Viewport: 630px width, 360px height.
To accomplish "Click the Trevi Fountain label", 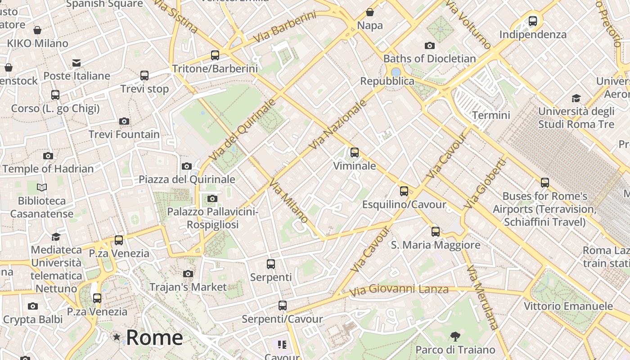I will [124, 134].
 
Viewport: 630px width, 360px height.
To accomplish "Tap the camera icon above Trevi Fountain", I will [124, 121].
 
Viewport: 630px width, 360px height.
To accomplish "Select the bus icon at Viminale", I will [355, 153].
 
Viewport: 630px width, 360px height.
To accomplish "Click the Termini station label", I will [491, 115].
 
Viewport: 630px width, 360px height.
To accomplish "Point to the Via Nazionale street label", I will [338, 125].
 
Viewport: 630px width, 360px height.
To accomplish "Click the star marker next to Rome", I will [117, 337].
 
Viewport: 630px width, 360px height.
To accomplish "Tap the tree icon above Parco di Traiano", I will [455, 336].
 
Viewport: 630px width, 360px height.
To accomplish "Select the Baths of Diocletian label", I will [429, 58].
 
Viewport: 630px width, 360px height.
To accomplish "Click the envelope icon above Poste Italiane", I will [76, 63].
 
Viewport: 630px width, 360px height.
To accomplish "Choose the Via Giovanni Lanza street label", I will [399, 290].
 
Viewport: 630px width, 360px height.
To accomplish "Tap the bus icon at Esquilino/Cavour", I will [404, 191].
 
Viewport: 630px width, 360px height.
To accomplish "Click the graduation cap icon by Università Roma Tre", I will [576, 98].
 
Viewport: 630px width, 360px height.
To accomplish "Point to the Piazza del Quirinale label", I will [187, 179].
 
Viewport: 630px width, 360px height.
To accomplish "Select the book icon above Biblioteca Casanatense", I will [42, 187].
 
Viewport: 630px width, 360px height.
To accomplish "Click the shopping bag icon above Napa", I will [370, 12].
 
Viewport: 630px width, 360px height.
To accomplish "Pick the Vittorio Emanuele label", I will [568, 306].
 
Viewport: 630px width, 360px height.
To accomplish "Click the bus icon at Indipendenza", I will [533, 21].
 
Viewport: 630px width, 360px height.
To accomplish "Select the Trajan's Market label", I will [188, 287].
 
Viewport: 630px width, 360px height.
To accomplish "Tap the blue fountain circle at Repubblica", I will [396, 72].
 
